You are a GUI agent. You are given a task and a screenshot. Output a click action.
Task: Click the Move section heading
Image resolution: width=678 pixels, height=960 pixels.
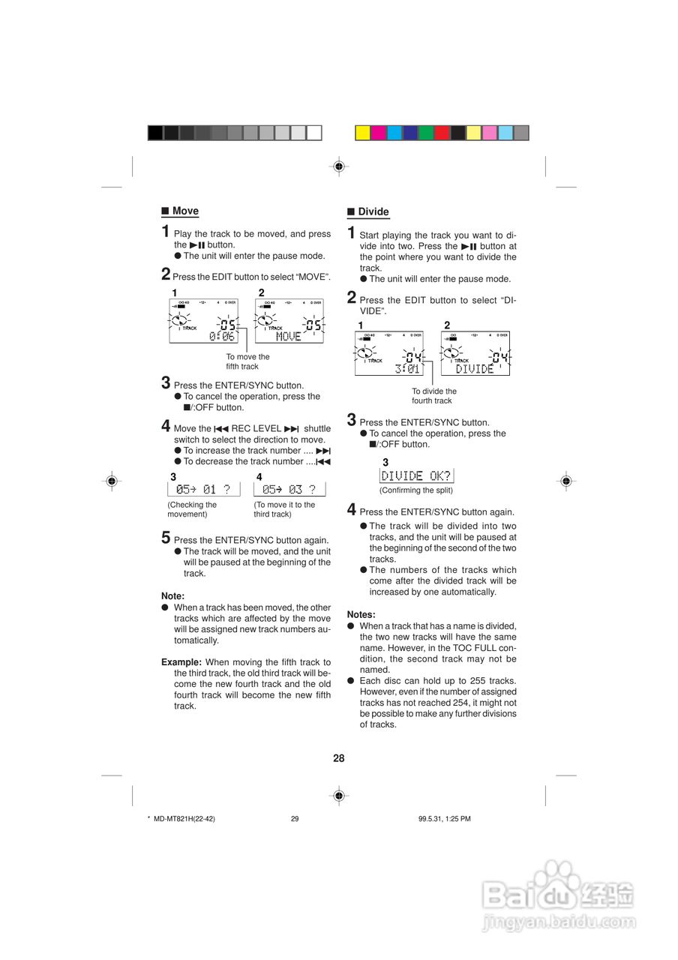tap(184, 211)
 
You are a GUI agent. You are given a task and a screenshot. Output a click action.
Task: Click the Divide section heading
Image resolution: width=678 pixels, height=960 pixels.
tap(373, 212)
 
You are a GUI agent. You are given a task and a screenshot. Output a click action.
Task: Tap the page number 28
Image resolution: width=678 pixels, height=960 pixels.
tap(339, 758)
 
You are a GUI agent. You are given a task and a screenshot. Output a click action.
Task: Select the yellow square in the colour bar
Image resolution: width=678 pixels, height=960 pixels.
tap(362, 133)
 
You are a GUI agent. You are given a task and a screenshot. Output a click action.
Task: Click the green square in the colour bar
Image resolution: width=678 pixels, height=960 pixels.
tap(426, 133)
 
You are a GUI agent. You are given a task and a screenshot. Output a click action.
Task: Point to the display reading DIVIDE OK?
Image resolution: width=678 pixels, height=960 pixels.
tap(416, 475)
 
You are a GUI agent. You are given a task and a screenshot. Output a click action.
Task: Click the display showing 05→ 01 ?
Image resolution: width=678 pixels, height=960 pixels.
tap(203, 490)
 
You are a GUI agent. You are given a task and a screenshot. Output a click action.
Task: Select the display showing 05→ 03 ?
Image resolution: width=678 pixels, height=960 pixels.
tap(289, 490)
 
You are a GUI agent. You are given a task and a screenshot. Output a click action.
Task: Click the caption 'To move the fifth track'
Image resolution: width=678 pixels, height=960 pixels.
tap(247, 361)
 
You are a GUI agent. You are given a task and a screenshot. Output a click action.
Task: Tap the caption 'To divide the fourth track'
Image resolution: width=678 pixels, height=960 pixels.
tap(433, 396)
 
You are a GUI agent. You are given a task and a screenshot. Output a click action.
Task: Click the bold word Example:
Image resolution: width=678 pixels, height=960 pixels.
tap(181, 662)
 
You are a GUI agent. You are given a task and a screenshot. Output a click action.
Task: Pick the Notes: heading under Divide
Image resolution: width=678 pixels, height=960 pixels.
tap(361, 614)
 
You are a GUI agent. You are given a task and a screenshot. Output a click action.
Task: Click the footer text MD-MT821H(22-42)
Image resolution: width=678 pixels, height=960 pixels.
tap(184, 819)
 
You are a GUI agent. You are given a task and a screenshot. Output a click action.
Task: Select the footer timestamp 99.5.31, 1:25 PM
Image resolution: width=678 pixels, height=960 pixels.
tap(444, 819)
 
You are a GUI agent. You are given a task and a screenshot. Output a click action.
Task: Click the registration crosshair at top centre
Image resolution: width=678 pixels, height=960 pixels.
tap(339, 166)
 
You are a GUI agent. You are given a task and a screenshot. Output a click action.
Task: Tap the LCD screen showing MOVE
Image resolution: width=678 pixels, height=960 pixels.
tap(289, 321)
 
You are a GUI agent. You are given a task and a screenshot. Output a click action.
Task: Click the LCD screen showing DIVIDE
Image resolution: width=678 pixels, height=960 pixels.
tap(475, 353)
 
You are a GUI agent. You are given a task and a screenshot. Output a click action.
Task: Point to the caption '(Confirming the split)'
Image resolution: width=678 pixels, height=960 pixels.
tap(415, 490)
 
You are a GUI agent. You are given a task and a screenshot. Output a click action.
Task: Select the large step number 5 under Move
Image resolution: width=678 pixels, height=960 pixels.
tap(166, 537)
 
